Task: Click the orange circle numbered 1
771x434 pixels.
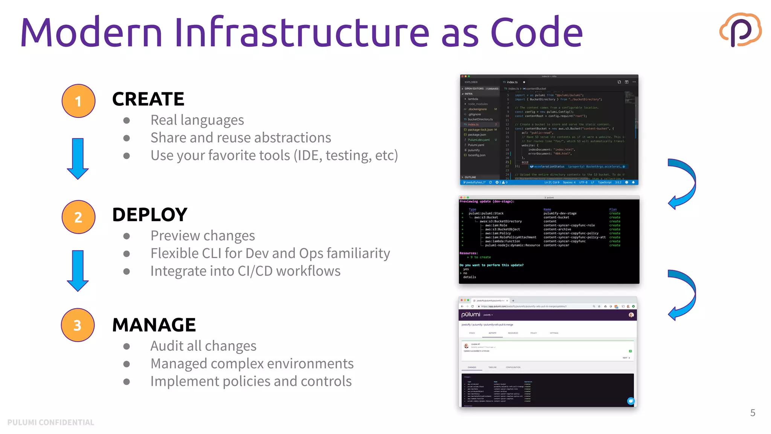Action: [78, 101]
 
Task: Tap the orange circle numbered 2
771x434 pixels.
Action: [78, 217]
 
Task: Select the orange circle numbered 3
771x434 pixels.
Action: [78, 325]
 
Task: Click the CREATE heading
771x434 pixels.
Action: [148, 99]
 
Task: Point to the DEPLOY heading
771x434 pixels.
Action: [149, 215]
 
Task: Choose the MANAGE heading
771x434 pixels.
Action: [154, 325]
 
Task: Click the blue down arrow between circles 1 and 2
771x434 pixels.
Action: [78, 158]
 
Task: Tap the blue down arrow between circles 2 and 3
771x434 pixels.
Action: [78, 270]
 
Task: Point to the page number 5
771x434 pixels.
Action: [753, 413]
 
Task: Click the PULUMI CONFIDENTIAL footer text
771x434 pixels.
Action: [51, 422]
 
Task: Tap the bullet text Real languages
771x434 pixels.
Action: [197, 120]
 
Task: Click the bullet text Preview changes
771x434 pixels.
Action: [203, 236]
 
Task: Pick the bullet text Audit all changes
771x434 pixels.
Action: [203, 346]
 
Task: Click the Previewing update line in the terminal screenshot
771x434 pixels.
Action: [487, 202]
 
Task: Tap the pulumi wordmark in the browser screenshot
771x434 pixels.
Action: [471, 315]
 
